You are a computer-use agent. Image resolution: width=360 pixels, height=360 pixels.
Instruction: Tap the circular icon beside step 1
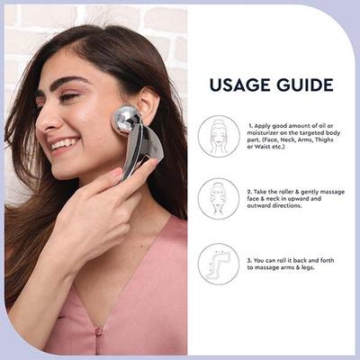pyautogui.click(x=219, y=136)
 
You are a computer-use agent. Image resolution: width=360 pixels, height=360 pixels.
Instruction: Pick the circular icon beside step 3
pyautogui.click(x=219, y=263)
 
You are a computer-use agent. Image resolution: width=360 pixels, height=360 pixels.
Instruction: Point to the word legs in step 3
pyautogui.click(x=309, y=269)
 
